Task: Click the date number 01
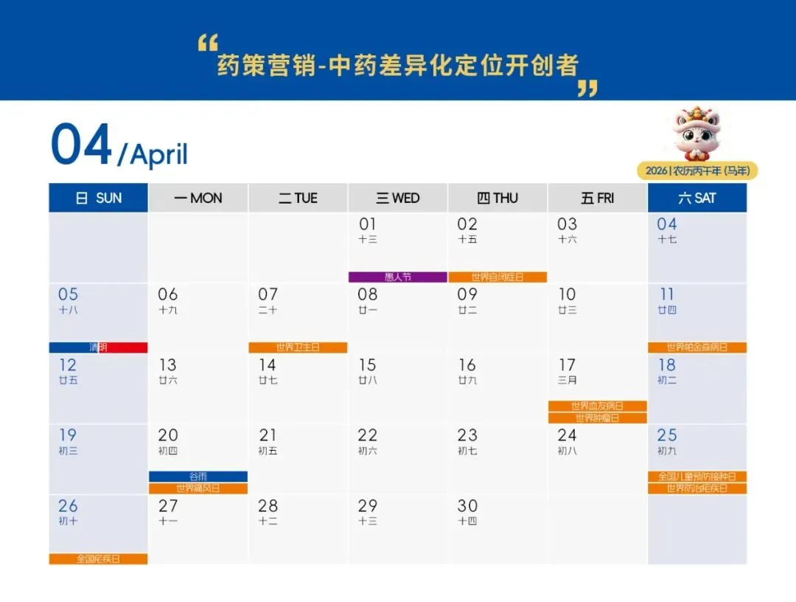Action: coord(368,224)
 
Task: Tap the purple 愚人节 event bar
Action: coord(398,277)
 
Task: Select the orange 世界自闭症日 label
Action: coord(497,277)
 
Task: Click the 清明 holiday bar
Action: coord(98,347)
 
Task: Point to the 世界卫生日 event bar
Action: coord(298,347)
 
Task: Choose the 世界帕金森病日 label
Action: coord(696,347)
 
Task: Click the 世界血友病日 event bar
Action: coord(597,406)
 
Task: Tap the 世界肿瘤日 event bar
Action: coord(597,418)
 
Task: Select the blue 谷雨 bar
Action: coord(198,477)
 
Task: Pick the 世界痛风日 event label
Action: coord(198,488)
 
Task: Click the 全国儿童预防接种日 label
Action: coord(696,477)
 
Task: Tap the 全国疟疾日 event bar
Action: coord(98,559)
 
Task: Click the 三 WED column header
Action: coord(398,198)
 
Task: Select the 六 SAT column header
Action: coord(696,198)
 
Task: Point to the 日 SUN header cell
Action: coord(98,198)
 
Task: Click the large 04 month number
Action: coord(81,145)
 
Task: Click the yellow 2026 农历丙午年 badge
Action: coord(696,171)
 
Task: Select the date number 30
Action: coord(467,506)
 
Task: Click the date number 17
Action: coord(567,365)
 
